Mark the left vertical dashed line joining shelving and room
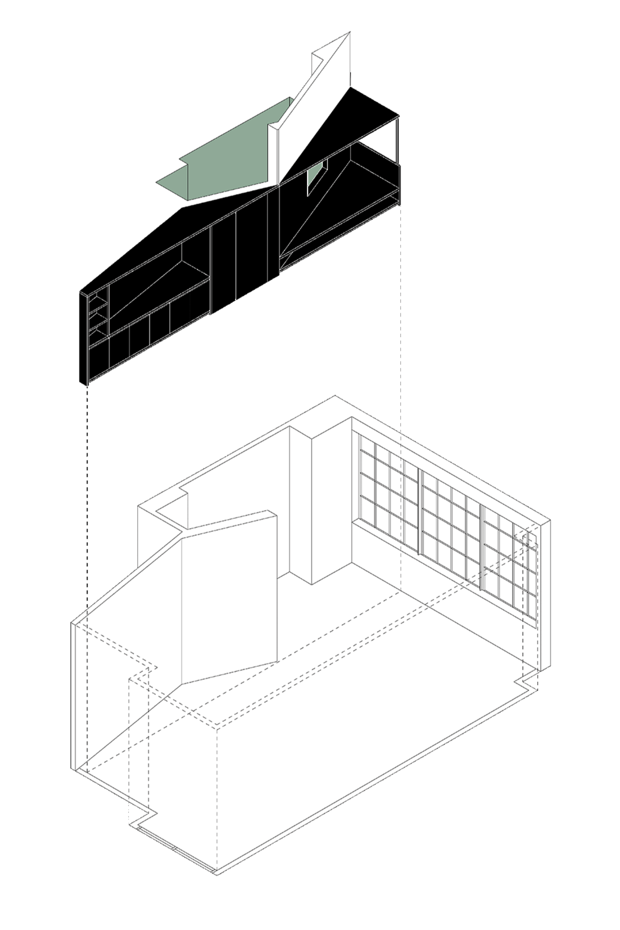point(89,506)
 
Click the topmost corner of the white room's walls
point(336,398)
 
